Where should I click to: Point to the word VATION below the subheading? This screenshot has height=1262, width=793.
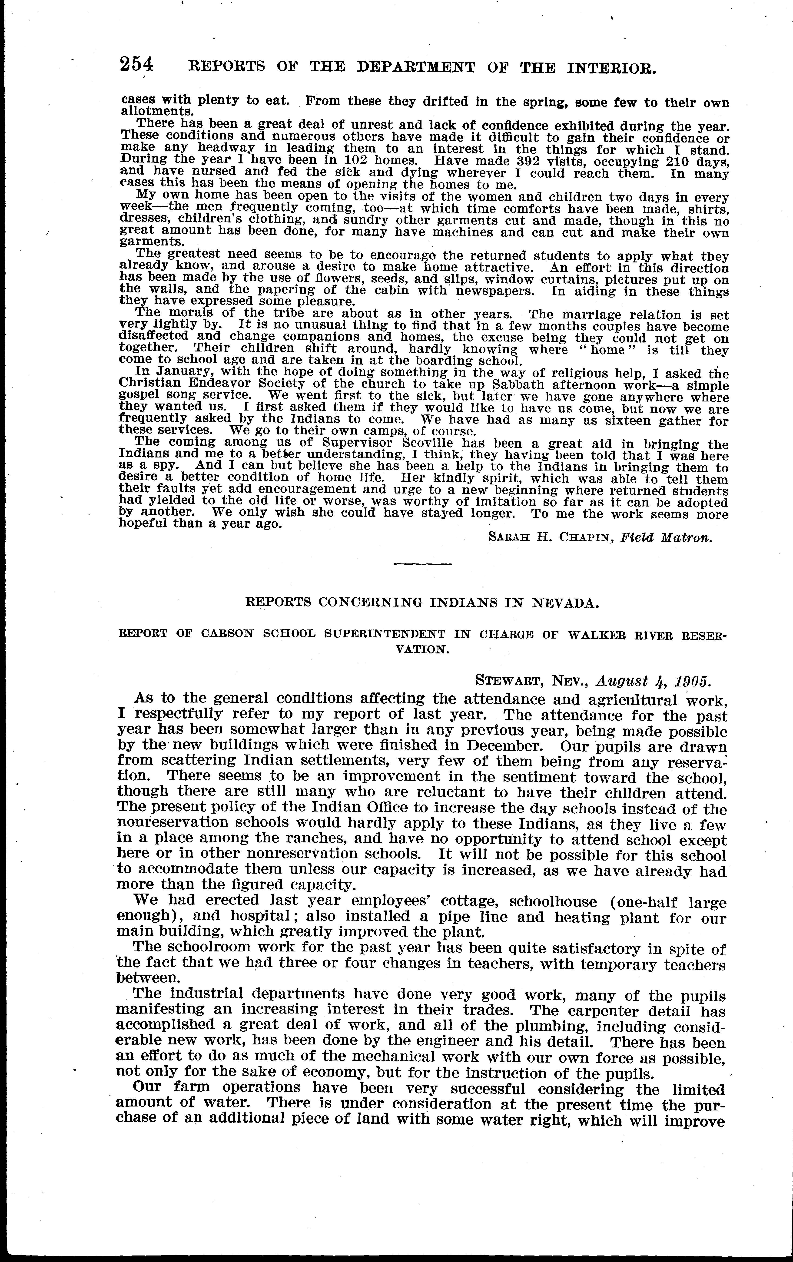point(422,649)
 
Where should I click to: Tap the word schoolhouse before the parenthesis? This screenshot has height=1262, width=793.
point(553,901)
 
